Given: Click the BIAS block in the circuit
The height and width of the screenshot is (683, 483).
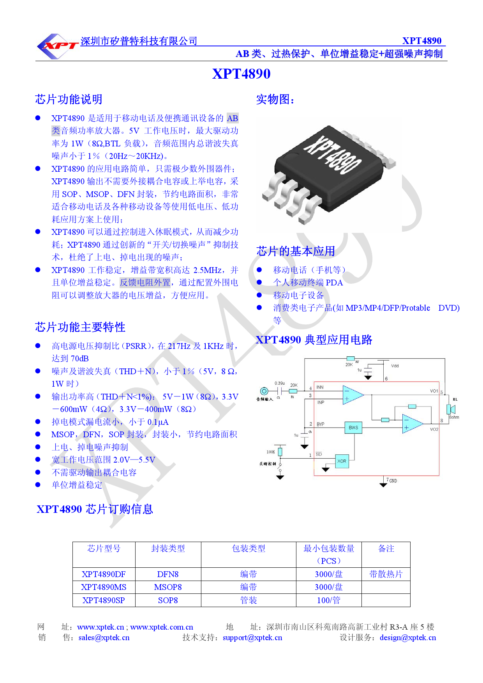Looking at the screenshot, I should pyautogui.click(x=353, y=428).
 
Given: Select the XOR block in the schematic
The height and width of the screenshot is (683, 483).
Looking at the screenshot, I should pyautogui.click(x=342, y=461).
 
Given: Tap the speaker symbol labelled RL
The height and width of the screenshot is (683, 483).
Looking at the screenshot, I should pyautogui.click(x=451, y=409).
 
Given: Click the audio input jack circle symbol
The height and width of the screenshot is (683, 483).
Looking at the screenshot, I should pyautogui.click(x=264, y=391).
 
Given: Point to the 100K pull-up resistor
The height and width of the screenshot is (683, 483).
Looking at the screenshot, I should pyautogui.click(x=280, y=452).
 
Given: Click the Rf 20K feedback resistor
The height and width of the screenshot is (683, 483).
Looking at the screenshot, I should pyautogui.click(x=350, y=359).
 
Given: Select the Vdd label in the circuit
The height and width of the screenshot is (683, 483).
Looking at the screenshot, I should pyautogui.click(x=395, y=366).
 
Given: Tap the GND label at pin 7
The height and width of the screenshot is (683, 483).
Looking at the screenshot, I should pyautogui.click(x=393, y=481).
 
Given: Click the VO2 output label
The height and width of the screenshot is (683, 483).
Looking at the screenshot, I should pyautogui.click(x=434, y=429).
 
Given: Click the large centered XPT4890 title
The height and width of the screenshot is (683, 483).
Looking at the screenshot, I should pyautogui.click(x=241, y=74).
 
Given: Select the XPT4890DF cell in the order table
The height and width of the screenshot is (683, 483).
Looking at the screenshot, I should pyautogui.click(x=104, y=574).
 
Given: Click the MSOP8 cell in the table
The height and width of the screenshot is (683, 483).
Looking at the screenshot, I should pyautogui.click(x=168, y=587).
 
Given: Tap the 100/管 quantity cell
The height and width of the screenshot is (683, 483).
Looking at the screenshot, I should pyautogui.click(x=328, y=600).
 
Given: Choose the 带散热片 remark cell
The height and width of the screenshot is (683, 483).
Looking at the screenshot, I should pyautogui.click(x=386, y=574).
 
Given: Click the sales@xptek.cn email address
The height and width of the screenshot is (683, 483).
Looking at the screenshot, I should pyautogui.click(x=104, y=637).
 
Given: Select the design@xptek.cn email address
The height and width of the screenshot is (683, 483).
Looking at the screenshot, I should pyautogui.click(x=408, y=637).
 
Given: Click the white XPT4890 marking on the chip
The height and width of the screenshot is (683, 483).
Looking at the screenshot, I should pyautogui.click(x=333, y=155).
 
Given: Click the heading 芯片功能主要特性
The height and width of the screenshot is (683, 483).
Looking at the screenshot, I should pyautogui.click(x=80, y=327).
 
